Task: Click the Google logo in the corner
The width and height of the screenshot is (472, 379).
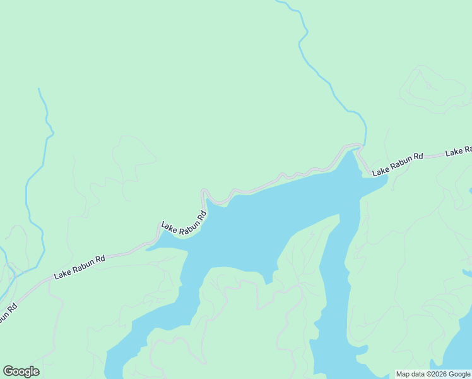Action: [x=21, y=371]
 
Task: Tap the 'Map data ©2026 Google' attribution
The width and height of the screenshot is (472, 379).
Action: [x=433, y=375]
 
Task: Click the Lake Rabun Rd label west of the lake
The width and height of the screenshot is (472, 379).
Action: [x=80, y=267]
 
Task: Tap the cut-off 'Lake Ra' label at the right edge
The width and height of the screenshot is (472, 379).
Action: [x=459, y=151]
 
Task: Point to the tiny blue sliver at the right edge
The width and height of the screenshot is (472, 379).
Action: [x=468, y=273]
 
